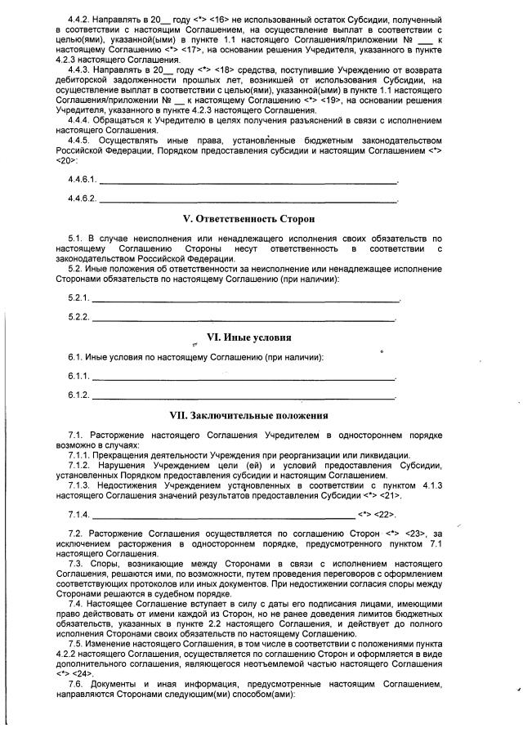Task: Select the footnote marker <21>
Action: tap(391, 495)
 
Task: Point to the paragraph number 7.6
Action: tap(77, 683)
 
